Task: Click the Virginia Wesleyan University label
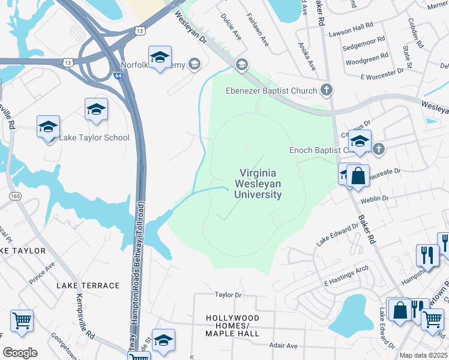pyautogui.click(x=258, y=182)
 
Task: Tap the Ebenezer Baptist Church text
pyautogui.click(x=271, y=91)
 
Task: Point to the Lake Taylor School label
pyautogui.click(x=94, y=137)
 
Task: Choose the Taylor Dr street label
pyautogui.click(x=228, y=295)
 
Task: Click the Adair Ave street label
pyautogui.click(x=283, y=346)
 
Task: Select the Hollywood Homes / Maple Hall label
pyautogui.click(x=232, y=325)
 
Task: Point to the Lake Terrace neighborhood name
pyautogui.click(x=88, y=286)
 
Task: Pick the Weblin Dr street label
pyautogui.click(x=375, y=199)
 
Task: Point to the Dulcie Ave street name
pyautogui.click(x=231, y=28)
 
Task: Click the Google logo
pyautogui.click(x=20, y=353)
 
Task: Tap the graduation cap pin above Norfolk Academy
pyautogui.click(x=160, y=57)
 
